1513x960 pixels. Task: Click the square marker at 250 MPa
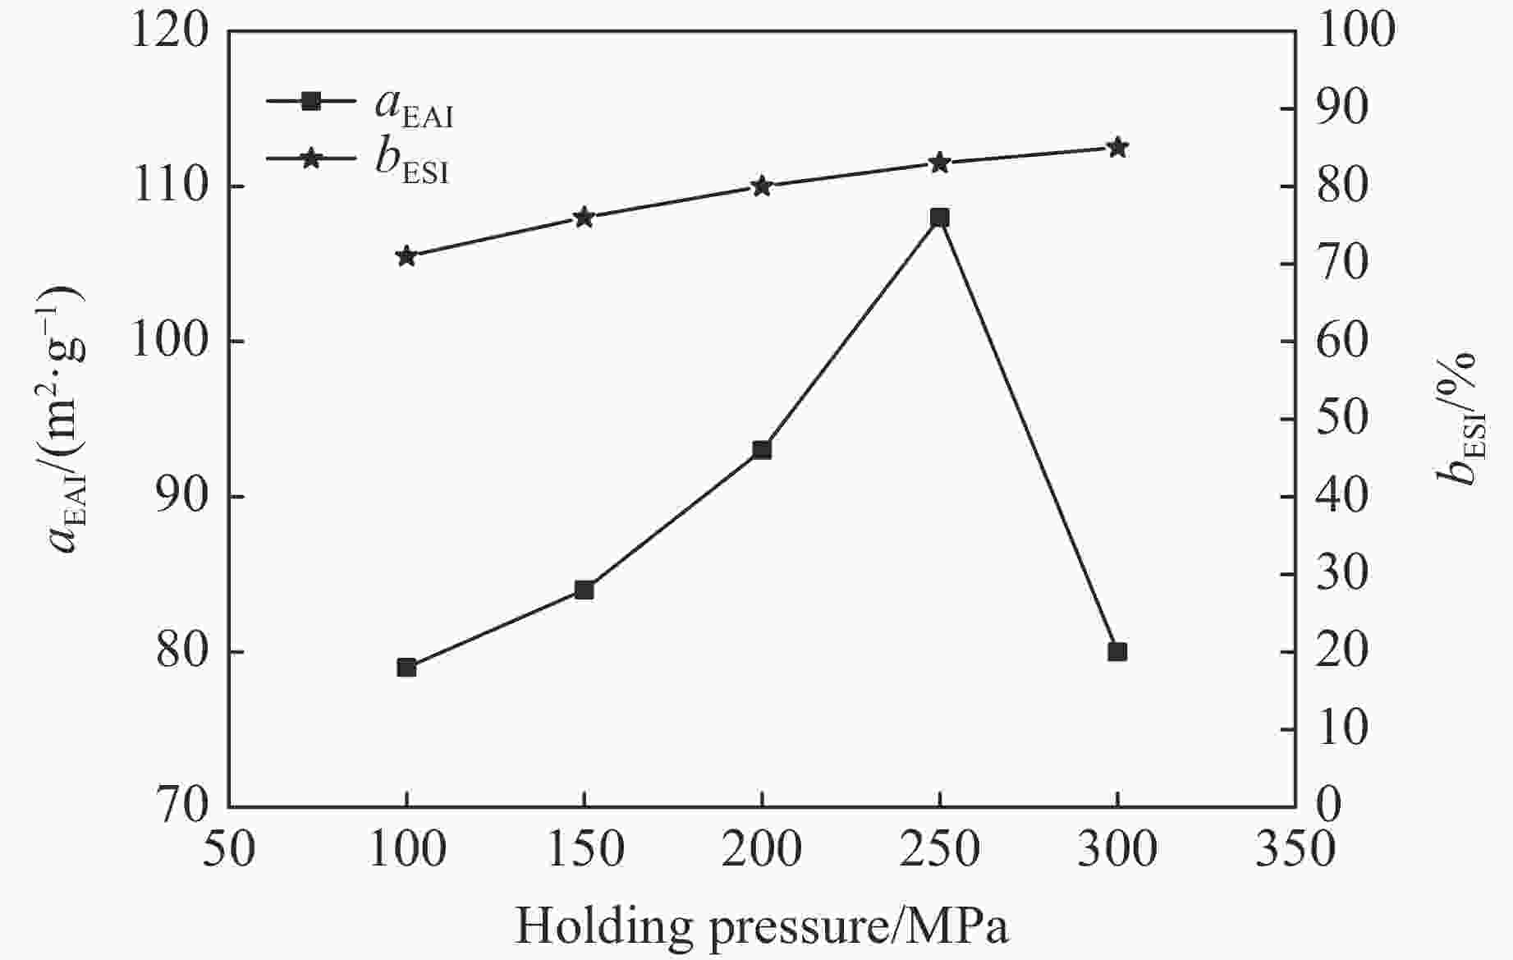[x=939, y=218]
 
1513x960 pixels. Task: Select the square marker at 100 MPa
[x=406, y=667]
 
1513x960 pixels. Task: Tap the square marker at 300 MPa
[x=1116, y=652]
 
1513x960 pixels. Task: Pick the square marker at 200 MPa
[x=762, y=450]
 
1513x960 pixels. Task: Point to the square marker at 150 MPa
[x=584, y=590]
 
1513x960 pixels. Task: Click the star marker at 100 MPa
[x=406, y=256]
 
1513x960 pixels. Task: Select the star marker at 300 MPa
[x=1116, y=148]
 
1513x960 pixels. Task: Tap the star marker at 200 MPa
[x=762, y=186]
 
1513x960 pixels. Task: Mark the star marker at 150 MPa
[x=584, y=218]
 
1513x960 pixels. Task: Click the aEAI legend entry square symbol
[x=311, y=101]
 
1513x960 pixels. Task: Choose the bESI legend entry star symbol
[x=311, y=158]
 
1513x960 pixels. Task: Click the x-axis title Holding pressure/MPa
[x=761, y=926]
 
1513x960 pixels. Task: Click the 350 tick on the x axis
[x=1295, y=850]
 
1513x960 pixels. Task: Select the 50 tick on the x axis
[x=229, y=850]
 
